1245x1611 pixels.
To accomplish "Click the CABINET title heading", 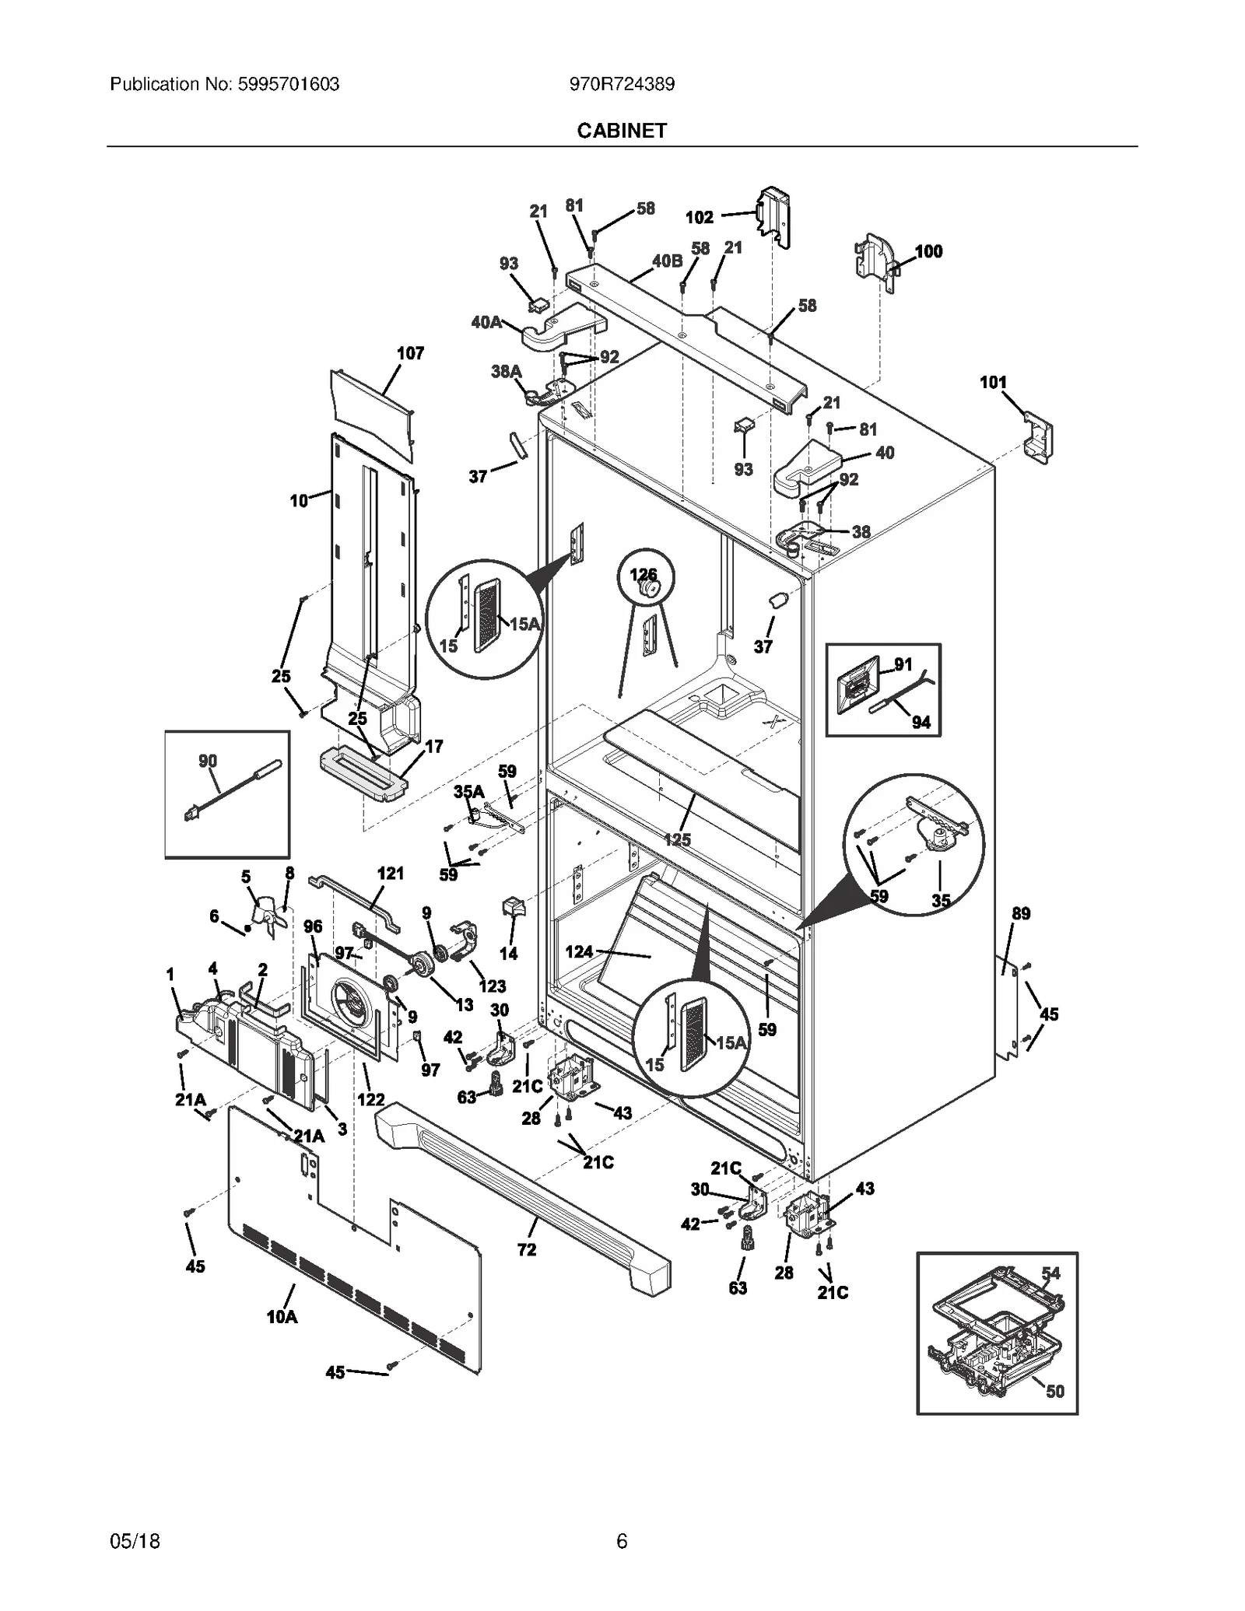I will tap(622, 131).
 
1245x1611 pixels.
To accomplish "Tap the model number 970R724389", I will tap(622, 85).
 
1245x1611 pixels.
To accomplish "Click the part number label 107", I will tap(410, 354).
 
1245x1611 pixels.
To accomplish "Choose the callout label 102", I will tap(699, 218).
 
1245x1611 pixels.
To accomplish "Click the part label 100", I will tap(928, 251).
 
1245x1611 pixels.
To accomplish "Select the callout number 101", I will tap(993, 382).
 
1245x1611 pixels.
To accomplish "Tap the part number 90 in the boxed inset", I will tap(208, 761).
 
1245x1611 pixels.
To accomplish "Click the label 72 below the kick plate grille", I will tap(527, 1249).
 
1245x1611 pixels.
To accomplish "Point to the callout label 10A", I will tap(282, 1317).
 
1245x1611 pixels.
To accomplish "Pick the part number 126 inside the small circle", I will tap(643, 575).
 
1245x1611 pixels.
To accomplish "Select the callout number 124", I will tap(579, 951).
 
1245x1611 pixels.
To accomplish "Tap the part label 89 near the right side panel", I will tap(1021, 913).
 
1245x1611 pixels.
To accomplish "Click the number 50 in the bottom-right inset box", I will tap(1054, 1391).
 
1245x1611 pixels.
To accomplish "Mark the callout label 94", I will tap(921, 723).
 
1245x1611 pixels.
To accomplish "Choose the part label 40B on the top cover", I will tap(667, 261).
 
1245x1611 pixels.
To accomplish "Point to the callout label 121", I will tap(391, 874).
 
